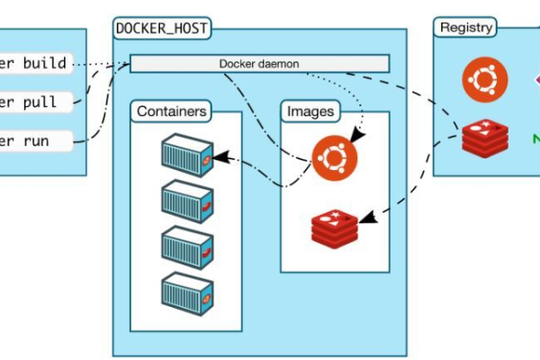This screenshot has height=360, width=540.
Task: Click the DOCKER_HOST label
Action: pos(162,28)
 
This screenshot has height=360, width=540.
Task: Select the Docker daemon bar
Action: pos(259,63)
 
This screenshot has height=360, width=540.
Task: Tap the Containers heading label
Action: pos(171,112)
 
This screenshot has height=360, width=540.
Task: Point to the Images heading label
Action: pos(310,112)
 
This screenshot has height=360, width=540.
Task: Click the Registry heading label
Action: pos(465,27)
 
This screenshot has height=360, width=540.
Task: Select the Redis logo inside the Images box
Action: pos(334,227)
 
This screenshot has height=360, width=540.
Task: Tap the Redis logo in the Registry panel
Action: pos(485,137)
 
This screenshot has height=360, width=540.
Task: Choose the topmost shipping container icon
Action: pos(187,155)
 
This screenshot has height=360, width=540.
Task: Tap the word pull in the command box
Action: pos(41,102)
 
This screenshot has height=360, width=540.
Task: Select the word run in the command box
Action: pos(37,140)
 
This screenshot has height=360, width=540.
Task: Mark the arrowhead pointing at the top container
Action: pos(220,157)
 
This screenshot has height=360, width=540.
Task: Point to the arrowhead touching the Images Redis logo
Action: pos(364,218)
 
